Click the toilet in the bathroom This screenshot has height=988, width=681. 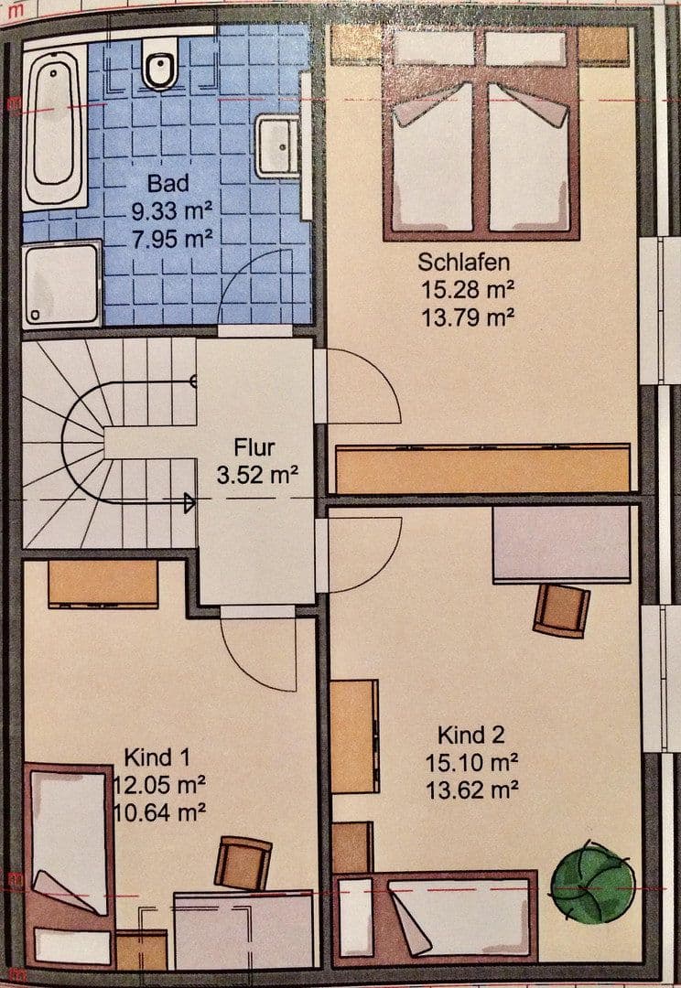pos(159,63)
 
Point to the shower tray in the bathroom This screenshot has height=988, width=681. pos(62,285)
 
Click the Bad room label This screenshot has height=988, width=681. pos(168,183)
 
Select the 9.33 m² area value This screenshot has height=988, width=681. pos(171,211)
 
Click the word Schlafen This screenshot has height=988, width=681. pos(463,262)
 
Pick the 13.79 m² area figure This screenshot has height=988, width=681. pos(467,317)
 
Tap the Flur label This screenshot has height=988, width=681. pos(254,447)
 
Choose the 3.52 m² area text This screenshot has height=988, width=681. pos(257,475)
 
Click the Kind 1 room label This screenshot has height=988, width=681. pos(157,757)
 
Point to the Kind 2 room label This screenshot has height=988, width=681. pos(471,735)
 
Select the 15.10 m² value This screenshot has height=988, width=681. pos(471,762)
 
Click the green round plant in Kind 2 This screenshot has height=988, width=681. pos(593,883)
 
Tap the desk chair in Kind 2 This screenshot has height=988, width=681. pos(561,610)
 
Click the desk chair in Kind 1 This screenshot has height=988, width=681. pos(243,864)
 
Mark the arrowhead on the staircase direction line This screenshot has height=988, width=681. pos(189,502)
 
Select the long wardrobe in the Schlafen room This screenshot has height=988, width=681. pos(483,468)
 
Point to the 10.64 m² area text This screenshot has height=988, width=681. pos(159,812)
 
